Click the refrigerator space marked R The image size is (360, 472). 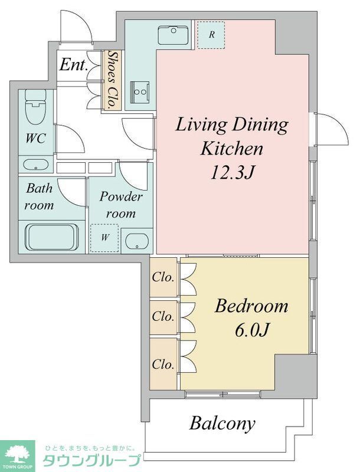[x=211, y=34]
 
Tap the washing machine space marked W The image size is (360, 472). [x=104, y=238]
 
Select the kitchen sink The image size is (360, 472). [x=174, y=35]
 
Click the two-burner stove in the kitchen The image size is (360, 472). [x=140, y=91]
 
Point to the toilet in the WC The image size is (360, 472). [x=35, y=107]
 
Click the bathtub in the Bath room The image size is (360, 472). [x=53, y=237]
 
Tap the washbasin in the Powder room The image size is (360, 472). [x=137, y=241]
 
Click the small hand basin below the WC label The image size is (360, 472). [x=36, y=165]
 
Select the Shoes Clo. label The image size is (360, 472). [x=112, y=79]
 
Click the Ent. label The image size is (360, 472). [x=74, y=64]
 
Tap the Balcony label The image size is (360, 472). [x=222, y=424]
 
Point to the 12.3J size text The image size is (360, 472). [x=233, y=173]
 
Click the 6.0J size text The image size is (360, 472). [x=251, y=330]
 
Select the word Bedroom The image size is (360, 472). [x=251, y=306]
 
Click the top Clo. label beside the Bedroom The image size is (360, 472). [x=163, y=277]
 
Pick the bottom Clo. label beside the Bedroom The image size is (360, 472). [x=163, y=365]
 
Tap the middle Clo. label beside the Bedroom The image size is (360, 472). [x=163, y=316]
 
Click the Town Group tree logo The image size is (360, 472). [x=18, y=455]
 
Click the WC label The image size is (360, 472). [x=35, y=139]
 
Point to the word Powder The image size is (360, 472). [x=121, y=197]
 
